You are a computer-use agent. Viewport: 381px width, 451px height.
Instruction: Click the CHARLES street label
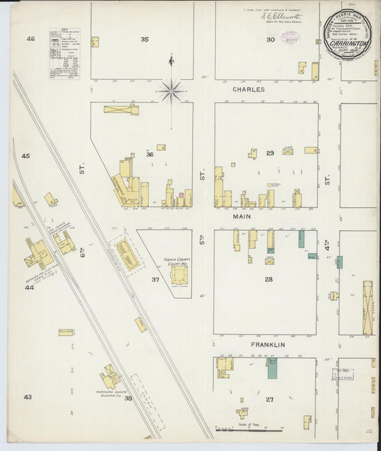248,89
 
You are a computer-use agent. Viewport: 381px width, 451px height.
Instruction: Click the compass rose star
171,91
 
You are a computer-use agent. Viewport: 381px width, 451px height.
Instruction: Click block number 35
144,39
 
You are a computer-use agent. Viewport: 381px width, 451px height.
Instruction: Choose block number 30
270,39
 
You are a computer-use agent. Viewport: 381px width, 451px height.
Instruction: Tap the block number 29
270,153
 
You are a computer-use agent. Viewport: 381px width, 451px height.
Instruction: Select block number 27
269,399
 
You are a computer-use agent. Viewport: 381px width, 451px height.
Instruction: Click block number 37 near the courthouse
154,279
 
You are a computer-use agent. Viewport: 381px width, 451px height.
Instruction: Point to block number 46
30,39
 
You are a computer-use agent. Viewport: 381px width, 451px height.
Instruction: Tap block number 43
27,397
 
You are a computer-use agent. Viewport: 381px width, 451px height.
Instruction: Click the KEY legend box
64,54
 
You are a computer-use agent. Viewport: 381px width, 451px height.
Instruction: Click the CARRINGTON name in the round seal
347,43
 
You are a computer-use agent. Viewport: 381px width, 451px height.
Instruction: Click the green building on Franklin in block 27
272,369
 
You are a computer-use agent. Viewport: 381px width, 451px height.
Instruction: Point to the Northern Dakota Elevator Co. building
111,377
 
